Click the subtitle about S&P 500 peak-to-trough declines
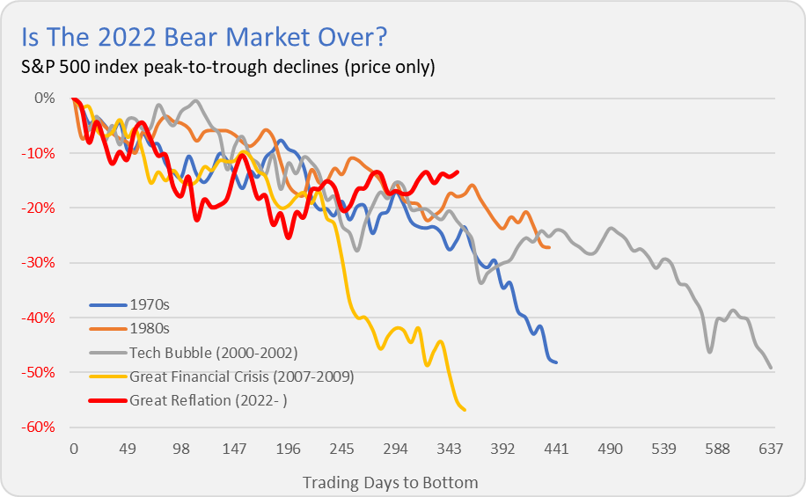(x=228, y=67)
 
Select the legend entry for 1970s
(x=150, y=305)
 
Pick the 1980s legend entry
(x=150, y=329)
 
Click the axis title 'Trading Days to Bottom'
(x=390, y=482)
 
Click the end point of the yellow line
(x=465, y=410)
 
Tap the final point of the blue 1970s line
(x=556, y=362)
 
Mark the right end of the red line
(x=457, y=172)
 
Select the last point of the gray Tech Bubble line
(x=771, y=368)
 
